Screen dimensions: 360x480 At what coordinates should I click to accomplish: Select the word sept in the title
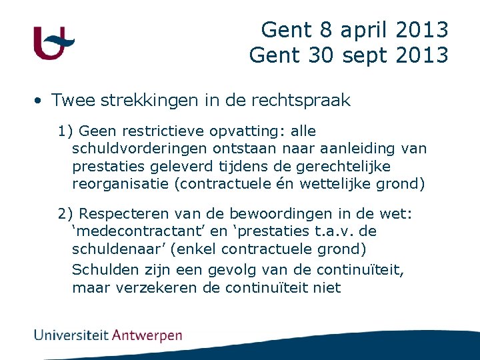click(x=367, y=55)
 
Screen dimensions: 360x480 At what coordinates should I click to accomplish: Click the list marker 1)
click(x=66, y=131)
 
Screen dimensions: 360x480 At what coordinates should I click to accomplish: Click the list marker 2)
click(x=66, y=213)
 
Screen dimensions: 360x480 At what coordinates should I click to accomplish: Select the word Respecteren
click(x=124, y=213)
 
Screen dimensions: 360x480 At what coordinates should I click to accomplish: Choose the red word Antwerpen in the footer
click(x=147, y=335)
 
